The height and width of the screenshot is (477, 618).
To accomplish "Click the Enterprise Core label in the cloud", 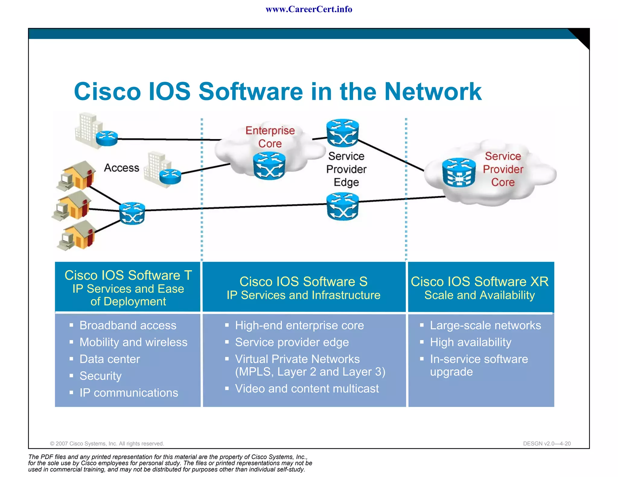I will tap(270, 137).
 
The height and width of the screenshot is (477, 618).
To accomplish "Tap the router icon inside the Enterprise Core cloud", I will tap(269, 166).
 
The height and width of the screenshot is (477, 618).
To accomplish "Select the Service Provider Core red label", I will tap(503, 169).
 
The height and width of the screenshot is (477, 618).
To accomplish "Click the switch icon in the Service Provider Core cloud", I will tap(459, 173).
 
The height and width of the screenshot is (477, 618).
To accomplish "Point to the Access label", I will tap(122, 168).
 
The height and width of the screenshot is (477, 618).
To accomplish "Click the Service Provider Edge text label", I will tap(346, 169).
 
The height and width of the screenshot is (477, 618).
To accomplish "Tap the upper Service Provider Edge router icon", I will tap(342, 133).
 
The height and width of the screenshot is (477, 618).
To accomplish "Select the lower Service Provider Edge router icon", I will tap(342, 207).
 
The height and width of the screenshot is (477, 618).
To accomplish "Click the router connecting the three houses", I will tap(132, 213).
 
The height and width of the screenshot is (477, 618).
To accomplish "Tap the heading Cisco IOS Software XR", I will tap(479, 282).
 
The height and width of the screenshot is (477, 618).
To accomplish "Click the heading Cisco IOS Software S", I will tap(303, 282).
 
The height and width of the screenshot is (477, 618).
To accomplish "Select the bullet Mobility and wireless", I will tap(133, 342).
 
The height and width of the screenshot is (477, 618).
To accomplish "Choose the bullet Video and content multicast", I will tap(307, 389).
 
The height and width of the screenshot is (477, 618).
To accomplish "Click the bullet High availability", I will tap(470, 342).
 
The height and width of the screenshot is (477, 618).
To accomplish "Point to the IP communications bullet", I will tap(129, 393).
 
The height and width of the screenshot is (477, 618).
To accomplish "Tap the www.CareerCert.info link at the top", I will tap(309, 9).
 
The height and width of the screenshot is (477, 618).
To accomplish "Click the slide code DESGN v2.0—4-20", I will tap(547, 444).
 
